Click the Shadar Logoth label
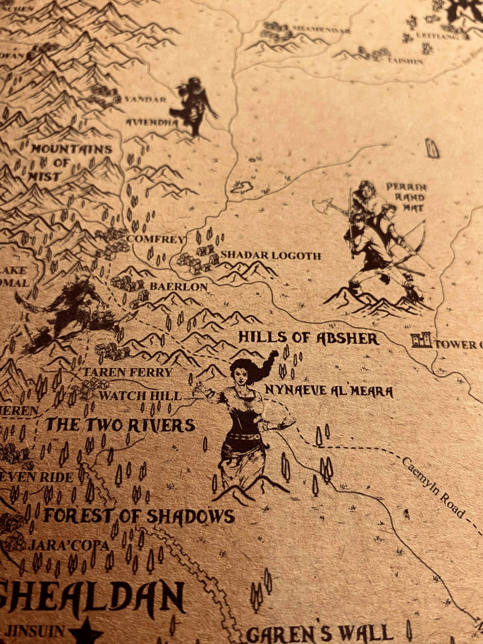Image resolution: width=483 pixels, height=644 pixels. [x=271, y=256]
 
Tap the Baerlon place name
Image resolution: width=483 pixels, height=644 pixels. [x=178, y=286]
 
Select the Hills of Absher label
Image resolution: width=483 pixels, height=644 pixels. [x=308, y=338]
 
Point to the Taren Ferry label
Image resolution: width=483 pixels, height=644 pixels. [x=127, y=372]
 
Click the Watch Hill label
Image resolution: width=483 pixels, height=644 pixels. [x=140, y=396]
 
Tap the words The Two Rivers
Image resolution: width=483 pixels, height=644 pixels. [x=120, y=425]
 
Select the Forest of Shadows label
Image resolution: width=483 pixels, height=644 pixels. [x=139, y=516]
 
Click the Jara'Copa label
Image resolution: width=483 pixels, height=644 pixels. [x=69, y=546]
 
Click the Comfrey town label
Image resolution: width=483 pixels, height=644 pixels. [x=156, y=240]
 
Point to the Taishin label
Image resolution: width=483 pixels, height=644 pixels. [x=405, y=62]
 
